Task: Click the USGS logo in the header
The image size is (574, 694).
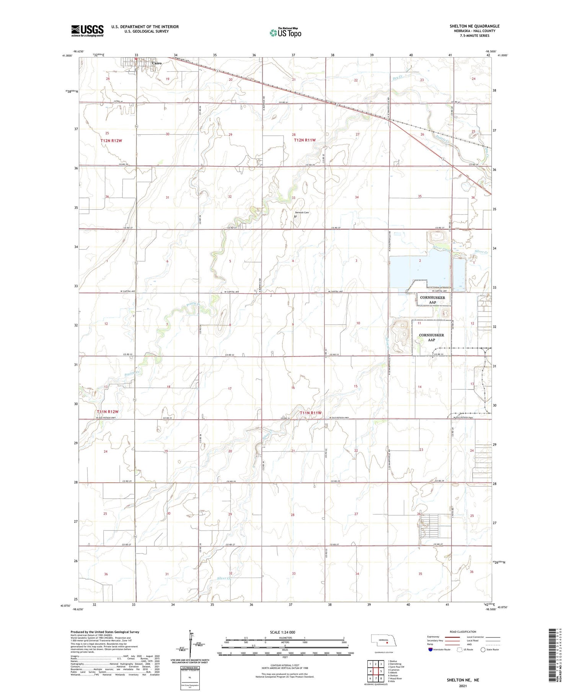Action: (87, 31)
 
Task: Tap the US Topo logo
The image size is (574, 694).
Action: (285, 33)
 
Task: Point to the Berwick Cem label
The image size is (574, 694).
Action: (302, 212)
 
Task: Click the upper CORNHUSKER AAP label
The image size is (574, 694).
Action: (432, 300)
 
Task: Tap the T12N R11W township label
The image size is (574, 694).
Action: (305, 140)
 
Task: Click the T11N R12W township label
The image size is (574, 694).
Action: (108, 412)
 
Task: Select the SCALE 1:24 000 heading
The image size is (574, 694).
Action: (282, 632)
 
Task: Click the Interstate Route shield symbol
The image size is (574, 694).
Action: (430, 649)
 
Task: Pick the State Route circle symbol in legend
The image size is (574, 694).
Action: (483, 649)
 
